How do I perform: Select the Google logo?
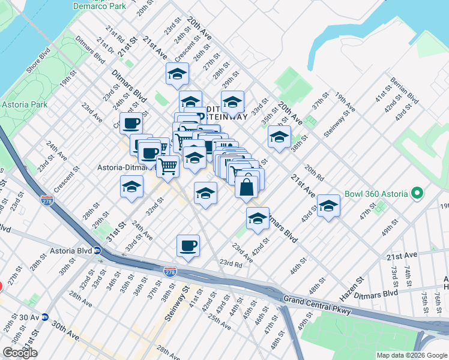coord(20,353)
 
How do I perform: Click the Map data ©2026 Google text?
coord(411,355)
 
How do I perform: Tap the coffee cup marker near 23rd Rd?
coord(188,245)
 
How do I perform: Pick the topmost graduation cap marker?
coord(178,74)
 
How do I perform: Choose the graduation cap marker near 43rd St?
coord(328,206)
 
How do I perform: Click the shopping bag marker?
coord(247,187)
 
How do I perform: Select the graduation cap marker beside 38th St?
coord(279,137)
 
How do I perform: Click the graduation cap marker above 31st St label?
coord(131,187)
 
